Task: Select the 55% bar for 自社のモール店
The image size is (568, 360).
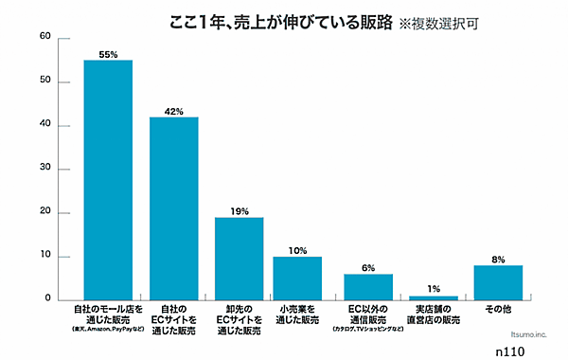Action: tap(108, 180)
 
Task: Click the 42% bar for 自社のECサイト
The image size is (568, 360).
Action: tap(174, 208)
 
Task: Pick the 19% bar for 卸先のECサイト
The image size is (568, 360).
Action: tap(239, 258)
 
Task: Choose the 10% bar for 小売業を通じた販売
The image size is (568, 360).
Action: tap(297, 278)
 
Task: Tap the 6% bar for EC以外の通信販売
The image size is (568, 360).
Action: tap(368, 286)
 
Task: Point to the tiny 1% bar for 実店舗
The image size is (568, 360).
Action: tap(434, 297)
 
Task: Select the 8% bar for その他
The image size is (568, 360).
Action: tap(498, 282)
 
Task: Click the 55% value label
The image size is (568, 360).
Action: tap(108, 54)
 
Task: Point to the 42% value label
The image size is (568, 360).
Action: tap(174, 111)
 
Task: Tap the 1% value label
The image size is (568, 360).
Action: tap(434, 289)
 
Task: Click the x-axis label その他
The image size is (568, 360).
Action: tap(498, 310)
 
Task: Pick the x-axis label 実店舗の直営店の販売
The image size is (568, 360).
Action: tap(434, 315)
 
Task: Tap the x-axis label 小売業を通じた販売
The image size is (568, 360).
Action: tap(297, 315)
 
